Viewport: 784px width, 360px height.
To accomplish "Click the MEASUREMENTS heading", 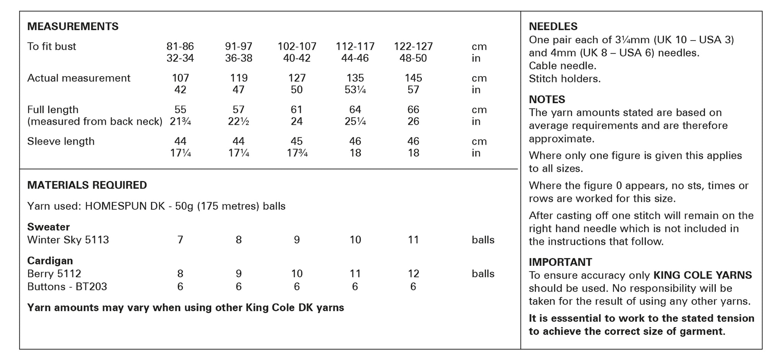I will point(73,26).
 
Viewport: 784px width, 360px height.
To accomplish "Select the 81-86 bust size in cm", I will point(180,46).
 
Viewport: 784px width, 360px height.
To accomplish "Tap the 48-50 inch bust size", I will point(413,58).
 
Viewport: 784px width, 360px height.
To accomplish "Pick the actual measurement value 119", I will point(238,78).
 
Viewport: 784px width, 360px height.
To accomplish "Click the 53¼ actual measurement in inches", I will point(355,90).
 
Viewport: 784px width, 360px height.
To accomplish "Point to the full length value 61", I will point(297,110).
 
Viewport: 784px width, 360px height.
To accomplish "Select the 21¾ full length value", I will point(180,122).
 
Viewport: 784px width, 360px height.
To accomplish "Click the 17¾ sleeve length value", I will point(297,153).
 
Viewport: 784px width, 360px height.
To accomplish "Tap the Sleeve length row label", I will point(60,141).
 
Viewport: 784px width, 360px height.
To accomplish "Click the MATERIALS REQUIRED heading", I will point(87,185).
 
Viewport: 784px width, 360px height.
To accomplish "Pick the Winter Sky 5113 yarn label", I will point(68,240).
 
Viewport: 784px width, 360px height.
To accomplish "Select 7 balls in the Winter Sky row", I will point(180,240).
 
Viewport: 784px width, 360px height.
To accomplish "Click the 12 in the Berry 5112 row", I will point(413,274).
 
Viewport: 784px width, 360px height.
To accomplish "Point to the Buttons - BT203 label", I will point(67,287).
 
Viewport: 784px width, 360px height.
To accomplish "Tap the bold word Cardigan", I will point(50,261).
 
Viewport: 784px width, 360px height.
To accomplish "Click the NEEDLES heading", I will point(553,26).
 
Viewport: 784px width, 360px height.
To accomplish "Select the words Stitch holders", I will point(565,79).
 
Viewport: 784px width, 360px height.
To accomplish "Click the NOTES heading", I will point(547,99).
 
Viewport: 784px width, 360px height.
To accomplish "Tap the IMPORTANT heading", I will point(560,262).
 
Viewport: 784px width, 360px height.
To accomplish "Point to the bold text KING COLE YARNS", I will point(702,275).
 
